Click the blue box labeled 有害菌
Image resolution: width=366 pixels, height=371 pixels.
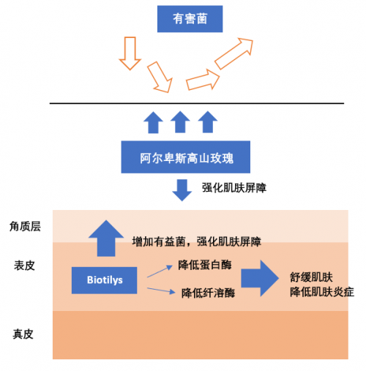tap(190, 19)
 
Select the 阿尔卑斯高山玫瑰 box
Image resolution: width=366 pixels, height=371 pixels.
tap(186, 157)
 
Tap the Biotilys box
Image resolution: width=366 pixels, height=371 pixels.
tap(104, 280)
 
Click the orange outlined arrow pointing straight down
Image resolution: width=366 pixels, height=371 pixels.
tap(130, 53)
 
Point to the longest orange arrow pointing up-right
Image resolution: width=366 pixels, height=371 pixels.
tap(234, 53)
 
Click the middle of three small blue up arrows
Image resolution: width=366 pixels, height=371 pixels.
tap(180, 122)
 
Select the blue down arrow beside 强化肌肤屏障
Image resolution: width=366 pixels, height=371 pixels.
tap(182, 190)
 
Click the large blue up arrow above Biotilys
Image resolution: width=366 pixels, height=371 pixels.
tap(106, 239)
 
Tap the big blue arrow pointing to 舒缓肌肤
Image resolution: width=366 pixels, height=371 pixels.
tap(260, 278)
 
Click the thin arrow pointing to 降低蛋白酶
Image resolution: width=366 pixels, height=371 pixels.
tap(160, 271)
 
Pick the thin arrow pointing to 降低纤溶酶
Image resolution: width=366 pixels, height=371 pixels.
tap(161, 291)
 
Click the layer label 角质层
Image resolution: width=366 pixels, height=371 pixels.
tap(25, 226)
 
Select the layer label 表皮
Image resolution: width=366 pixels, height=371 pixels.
tap(24, 266)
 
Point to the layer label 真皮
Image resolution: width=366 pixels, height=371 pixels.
tap(23, 334)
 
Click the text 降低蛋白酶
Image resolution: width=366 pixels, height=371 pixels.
tap(205, 265)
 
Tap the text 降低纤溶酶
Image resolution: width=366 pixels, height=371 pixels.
tap(208, 293)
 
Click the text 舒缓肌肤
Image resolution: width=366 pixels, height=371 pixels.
tap(311, 277)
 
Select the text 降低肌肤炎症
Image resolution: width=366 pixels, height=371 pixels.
tap(322, 292)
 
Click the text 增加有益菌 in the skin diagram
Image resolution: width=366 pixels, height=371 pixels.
tap(159, 241)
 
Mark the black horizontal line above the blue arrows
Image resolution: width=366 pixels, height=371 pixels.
tap(197, 103)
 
